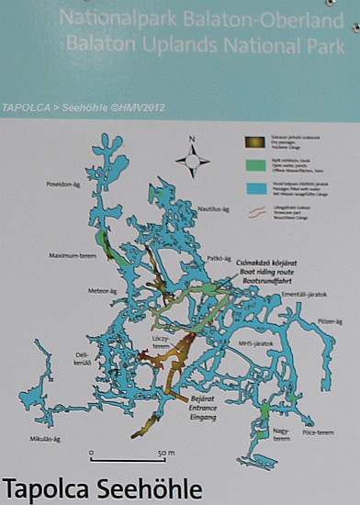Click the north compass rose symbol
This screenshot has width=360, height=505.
[191, 160]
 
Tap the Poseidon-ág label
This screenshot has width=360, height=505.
[64, 185]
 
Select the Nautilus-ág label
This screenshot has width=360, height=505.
[213, 209]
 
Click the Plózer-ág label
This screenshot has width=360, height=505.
[330, 321]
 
